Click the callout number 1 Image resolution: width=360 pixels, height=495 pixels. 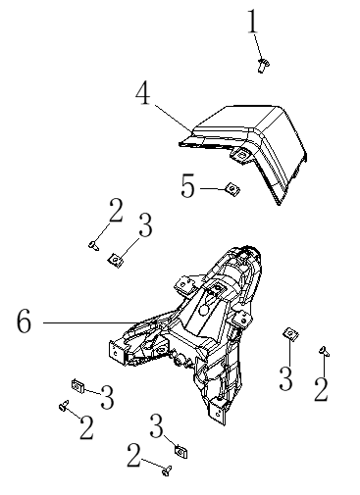pyautogui.click(x=252, y=22)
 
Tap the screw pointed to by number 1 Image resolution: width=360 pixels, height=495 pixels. pyautogui.click(x=263, y=66)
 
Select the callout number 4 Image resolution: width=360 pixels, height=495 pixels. pyautogui.click(x=143, y=93)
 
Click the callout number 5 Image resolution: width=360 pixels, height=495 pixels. pyautogui.click(x=187, y=186)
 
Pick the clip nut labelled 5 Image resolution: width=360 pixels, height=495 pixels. pyautogui.click(x=232, y=189)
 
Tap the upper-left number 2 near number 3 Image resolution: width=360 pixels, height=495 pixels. pyautogui.click(x=116, y=211)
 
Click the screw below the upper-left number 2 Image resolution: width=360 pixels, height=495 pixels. pyautogui.click(x=94, y=245)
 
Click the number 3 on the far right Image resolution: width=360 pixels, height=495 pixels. pyautogui.click(x=285, y=378)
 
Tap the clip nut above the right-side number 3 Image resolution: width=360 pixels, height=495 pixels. pyautogui.click(x=290, y=334)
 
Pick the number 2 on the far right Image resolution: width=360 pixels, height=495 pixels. pyautogui.click(x=321, y=389)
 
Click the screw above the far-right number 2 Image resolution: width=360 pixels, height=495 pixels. pyautogui.click(x=325, y=351)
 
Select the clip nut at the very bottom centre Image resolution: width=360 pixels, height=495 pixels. pyautogui.click(x=181, y=452)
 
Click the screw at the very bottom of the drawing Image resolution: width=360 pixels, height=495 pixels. pyautogui.click(x=167, y=470)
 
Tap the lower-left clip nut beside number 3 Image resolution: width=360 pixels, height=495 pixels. pyautogui.click(x=78, y=386)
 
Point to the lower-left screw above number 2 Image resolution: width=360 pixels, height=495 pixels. pyautogui.click(x=64, y=405)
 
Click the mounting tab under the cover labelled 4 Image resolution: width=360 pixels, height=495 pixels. pyautogui.click(x=242, y=155)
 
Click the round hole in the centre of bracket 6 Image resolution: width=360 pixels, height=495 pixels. pyautogui.click(x=204, y=309)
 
